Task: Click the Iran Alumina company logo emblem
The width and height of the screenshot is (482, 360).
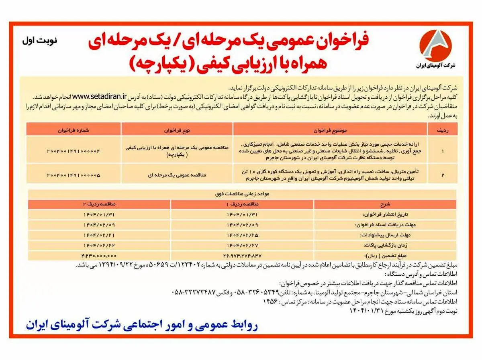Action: tap(435, 45)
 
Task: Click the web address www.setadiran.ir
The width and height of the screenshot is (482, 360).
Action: tap(100, 96)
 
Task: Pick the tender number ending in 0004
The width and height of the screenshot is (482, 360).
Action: tap(73, 151)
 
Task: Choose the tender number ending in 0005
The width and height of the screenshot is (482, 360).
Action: tap(73, 175)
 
